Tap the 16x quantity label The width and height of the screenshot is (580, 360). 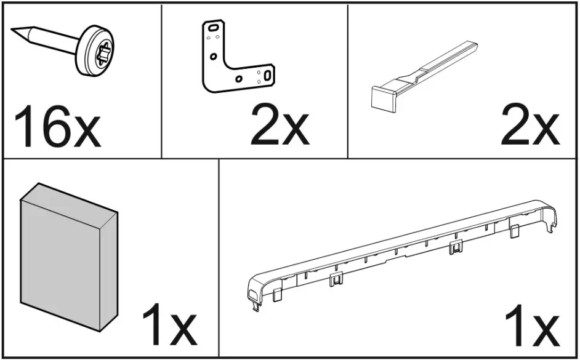(55, 127)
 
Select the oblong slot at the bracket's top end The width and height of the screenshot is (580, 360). (212, 28)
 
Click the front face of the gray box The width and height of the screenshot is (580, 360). (58, 258)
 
